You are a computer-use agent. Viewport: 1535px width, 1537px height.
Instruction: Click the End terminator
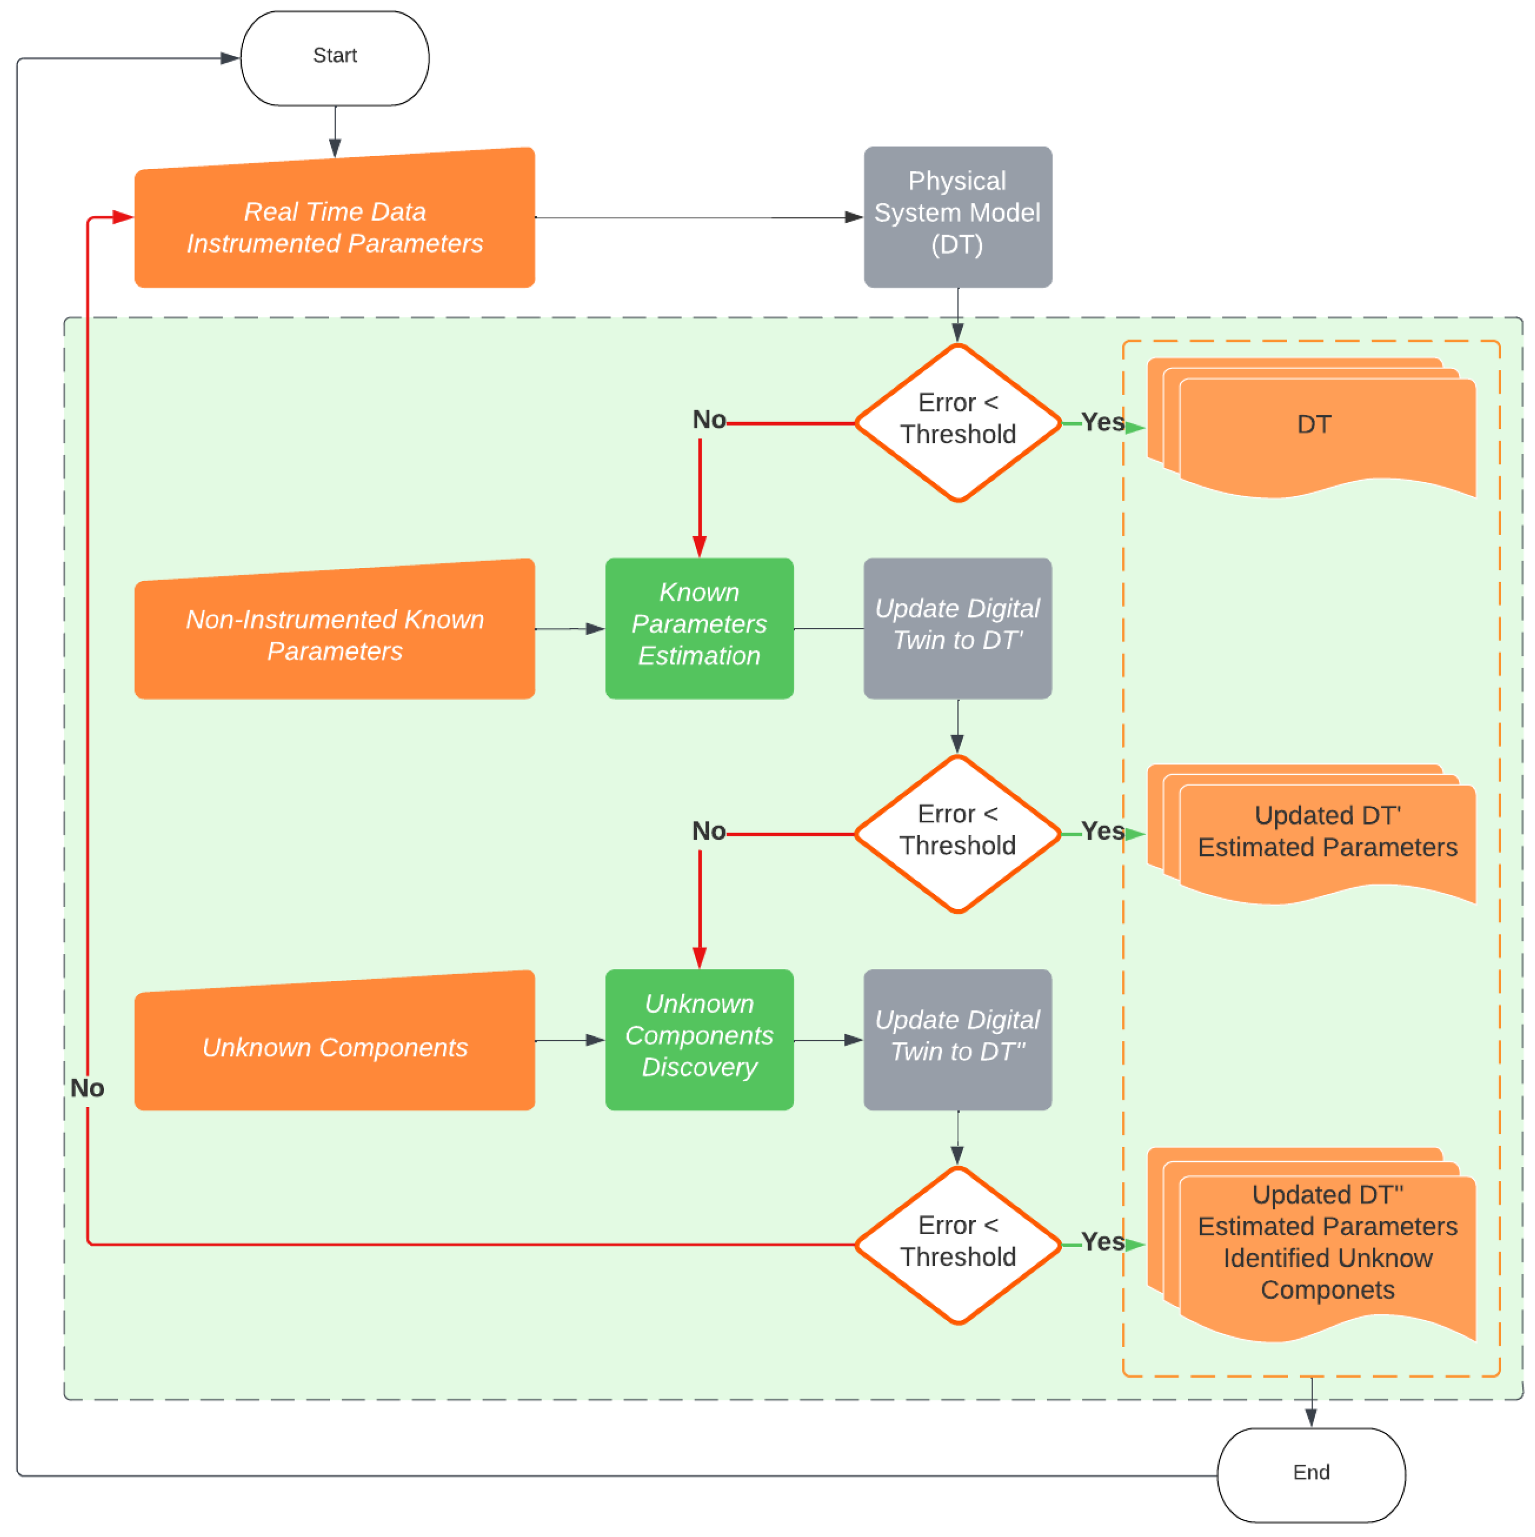[x=1310, y=1473]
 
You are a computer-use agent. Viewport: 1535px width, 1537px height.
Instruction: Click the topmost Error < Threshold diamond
[x=957, y=423]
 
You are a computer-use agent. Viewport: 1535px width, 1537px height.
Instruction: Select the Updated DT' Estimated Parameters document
[x=1326, y=835]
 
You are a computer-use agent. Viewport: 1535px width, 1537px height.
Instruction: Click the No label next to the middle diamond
[x=708, y=831]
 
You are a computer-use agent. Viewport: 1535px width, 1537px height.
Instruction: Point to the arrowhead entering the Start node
[x=231, y=58]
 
